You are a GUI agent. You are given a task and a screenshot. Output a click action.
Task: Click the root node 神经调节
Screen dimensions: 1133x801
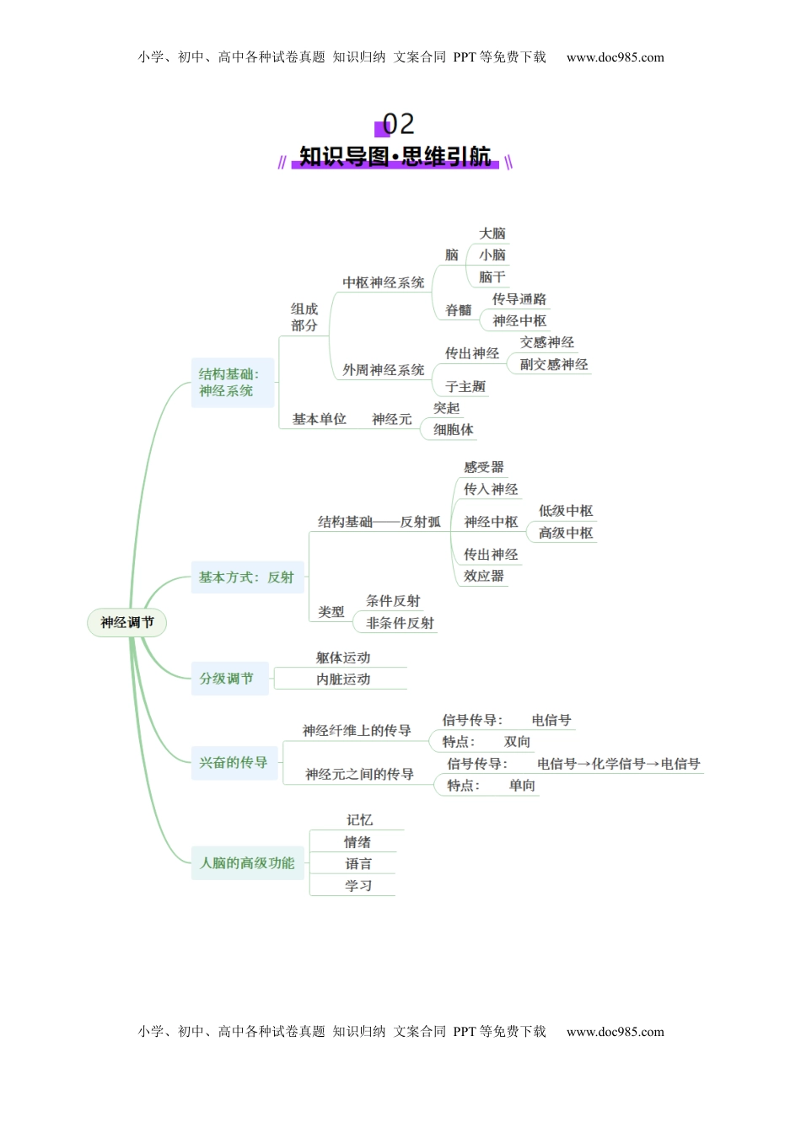click(127, 623)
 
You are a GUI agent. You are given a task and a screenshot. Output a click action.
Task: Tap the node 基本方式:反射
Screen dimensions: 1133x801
click(246, 577)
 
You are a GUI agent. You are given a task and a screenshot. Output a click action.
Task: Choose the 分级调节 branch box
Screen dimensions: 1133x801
click(228, 679)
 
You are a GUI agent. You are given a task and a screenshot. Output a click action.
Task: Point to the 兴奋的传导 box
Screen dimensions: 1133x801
click(234, 763)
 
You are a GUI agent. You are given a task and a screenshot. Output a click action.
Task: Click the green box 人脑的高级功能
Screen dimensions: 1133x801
click(247, 863)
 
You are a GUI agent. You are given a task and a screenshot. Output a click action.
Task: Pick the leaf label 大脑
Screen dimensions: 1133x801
click(492, 234)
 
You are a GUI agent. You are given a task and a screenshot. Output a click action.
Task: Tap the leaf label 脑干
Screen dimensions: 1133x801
click(492, 277)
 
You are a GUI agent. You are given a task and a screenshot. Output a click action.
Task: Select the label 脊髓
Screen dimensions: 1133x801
click(459, 310)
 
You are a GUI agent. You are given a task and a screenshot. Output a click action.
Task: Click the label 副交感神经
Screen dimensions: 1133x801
click(554, 364)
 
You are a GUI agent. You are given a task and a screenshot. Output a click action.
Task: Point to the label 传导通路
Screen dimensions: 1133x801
click(519, 299)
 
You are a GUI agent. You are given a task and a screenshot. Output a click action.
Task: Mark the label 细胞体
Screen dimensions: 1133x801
click(454, 430)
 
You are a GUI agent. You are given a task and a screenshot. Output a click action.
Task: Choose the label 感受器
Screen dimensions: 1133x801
click(484, 467)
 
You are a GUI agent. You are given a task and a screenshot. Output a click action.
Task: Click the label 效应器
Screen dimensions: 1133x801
click(484, 577)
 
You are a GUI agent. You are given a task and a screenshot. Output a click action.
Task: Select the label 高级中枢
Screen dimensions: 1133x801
click(566, 533)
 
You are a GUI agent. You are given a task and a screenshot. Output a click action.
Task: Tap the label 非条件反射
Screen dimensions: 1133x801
click(400, 623)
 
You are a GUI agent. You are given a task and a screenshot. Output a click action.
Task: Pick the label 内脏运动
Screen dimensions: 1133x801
click(343, 679)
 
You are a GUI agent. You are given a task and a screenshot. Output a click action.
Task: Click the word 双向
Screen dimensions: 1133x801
click(518, 742)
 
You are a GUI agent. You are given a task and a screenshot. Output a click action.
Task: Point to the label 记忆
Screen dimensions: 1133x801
click(359, 820)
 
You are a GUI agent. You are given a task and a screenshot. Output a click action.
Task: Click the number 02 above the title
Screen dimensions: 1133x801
click(399, 125)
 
